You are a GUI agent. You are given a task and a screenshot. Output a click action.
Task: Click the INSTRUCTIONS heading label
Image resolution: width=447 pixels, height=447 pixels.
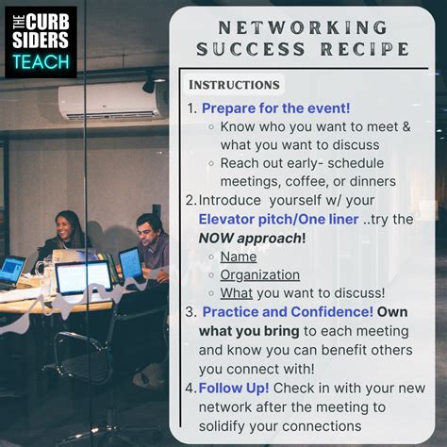point(233,85)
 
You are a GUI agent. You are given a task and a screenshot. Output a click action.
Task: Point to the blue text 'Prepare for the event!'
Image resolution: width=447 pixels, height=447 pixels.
point(275,108)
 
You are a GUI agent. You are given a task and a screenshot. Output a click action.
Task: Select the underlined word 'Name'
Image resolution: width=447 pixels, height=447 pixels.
point(239,257)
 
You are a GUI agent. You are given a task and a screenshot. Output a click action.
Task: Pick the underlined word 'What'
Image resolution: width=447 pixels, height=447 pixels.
point(236,293)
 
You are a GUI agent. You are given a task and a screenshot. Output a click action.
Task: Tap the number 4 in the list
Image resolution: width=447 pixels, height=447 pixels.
point(191,387)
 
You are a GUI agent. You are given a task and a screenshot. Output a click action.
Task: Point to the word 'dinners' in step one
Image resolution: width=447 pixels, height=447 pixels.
point(370,181)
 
